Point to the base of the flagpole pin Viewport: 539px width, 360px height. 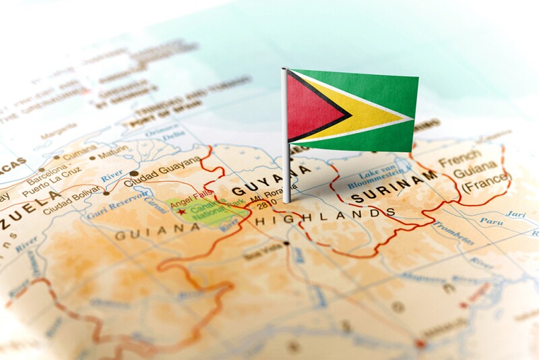pyautogui.click(x=287, y=200)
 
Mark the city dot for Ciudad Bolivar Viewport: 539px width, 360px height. pyautogui.click(x=106, y=193)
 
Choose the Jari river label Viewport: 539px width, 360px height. pyautogui.click(x=515, y=214)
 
